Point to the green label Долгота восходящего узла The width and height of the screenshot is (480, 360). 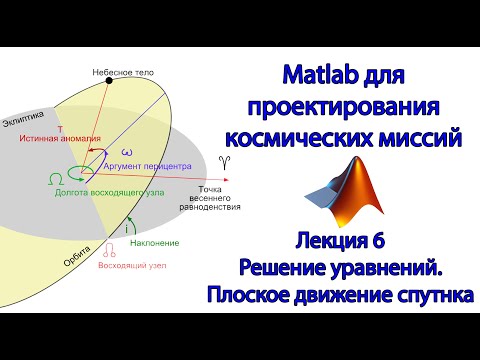(x=110, y=191)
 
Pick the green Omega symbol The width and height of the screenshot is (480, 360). (x=53, y=178)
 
